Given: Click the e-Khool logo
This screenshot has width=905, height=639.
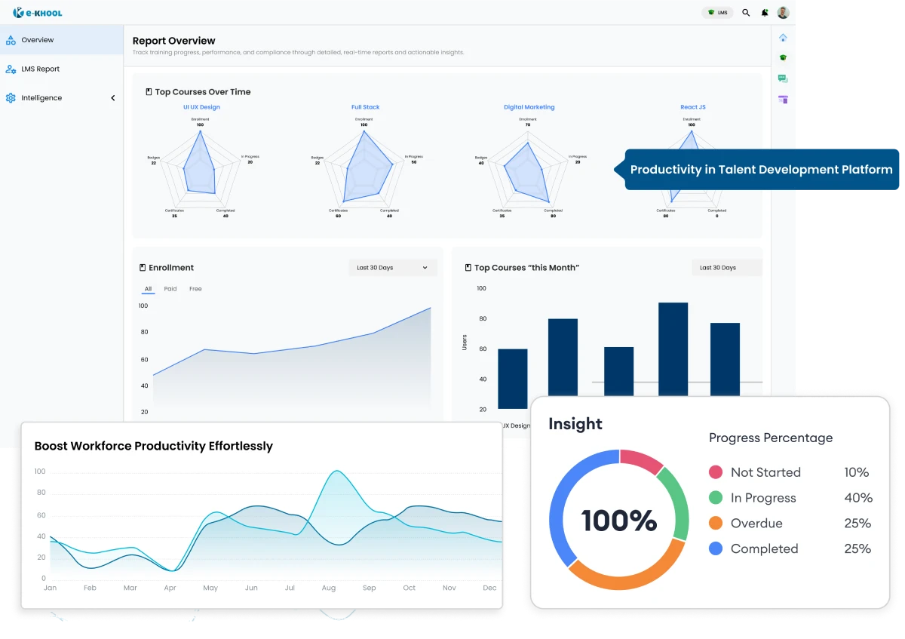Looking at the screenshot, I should coord(38,12).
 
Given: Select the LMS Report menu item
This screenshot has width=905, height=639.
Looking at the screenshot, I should coord(40,69).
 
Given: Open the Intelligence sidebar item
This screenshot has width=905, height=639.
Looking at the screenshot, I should coord(41,98).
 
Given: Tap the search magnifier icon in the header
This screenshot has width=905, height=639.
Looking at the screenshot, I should coord(746,13).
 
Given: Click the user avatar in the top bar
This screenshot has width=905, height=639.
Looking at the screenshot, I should coord(783,13).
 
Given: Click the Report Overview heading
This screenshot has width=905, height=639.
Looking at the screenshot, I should coord(173,41).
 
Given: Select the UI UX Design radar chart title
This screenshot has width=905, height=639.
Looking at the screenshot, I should coord(201,107).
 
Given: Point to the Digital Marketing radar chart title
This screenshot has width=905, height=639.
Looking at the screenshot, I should coord(529,107).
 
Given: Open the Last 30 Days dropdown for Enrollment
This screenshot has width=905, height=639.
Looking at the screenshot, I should coord(392,268).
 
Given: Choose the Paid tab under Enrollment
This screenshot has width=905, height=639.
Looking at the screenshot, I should coord(170,289).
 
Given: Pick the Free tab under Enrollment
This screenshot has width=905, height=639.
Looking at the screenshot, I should coord(195,289).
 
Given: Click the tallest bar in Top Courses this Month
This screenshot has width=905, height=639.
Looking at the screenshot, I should coord(673,347).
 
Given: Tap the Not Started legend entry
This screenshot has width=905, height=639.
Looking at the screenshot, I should coord(765,472).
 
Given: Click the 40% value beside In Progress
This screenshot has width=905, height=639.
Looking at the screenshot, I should coord(857,498).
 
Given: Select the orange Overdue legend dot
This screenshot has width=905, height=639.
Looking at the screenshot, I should coord(716,524).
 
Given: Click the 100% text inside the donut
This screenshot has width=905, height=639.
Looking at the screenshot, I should coord(618,520).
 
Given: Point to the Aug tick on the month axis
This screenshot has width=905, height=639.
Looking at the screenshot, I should coord(329,588).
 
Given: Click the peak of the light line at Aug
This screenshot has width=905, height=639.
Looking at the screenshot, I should coord(335,472).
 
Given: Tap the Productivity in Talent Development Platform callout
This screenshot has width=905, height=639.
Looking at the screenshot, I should coord(761,170).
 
